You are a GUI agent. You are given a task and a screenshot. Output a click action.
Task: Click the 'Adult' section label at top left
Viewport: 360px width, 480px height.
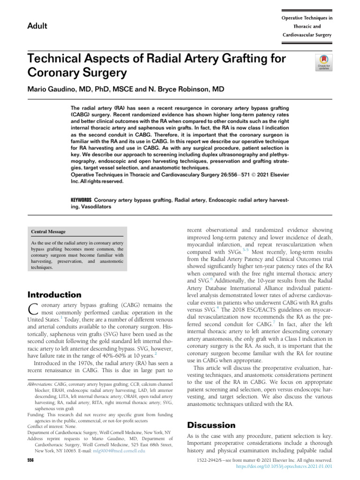tap(37, 26)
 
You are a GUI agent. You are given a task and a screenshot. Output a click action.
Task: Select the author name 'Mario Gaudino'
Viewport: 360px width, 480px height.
tap(48, 89)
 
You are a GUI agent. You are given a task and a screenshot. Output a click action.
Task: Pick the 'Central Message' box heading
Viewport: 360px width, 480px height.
tap(48, 232)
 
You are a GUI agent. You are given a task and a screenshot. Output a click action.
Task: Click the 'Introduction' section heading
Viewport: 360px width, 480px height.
tap(55, 295)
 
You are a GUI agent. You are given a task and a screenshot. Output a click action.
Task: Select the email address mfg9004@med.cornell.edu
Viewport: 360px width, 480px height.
tap(121, 450)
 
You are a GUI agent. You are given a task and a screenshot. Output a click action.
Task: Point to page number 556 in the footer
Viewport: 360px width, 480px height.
tap(31, 461)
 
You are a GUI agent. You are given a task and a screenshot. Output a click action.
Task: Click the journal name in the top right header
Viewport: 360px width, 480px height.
tap(307, 26)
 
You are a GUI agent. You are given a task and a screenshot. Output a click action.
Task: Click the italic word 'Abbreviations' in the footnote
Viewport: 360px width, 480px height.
tap(40, 384)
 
